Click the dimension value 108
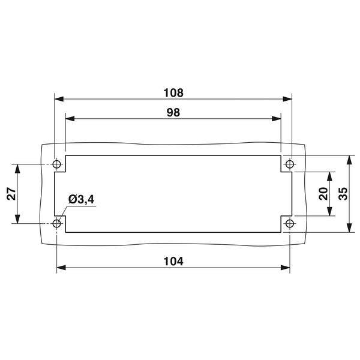tap(173, 93)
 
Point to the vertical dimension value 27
tap(11, 193)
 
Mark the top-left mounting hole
tap(58, 164)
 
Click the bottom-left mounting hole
tap(58, 224)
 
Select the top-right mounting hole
tap(289, 164)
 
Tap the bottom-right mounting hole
tap(289, 224)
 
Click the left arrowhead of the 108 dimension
tap(58, 100)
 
